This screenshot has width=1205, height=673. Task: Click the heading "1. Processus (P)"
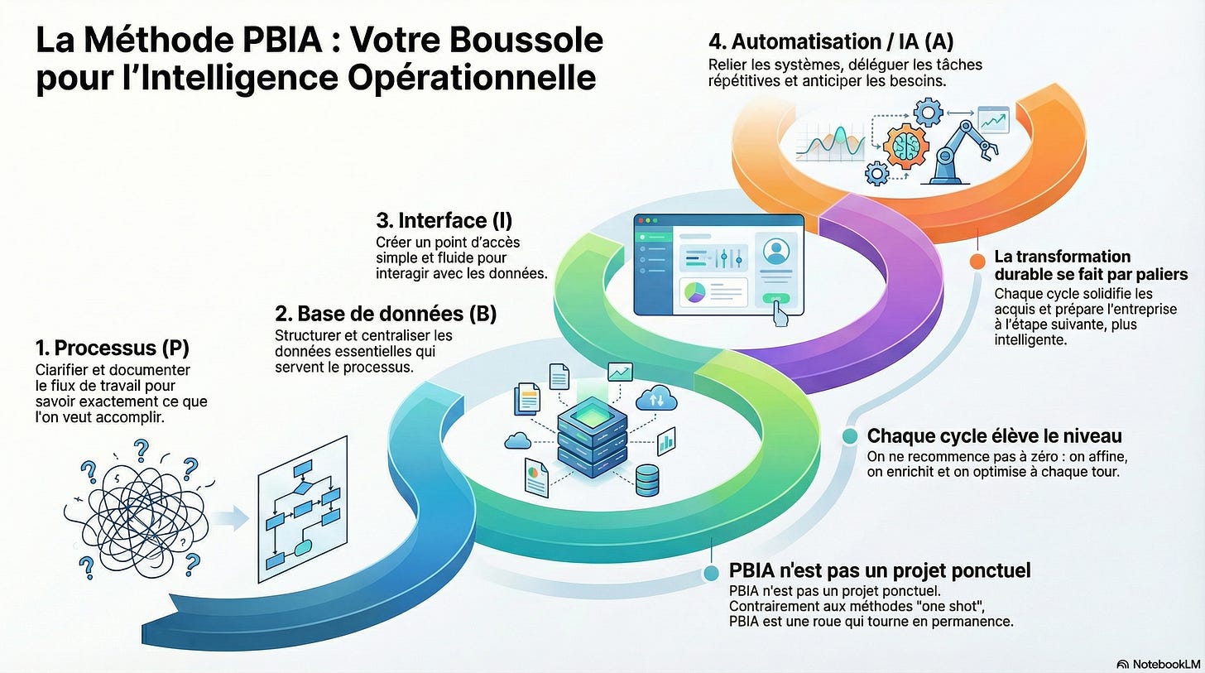click(x=113, y=348)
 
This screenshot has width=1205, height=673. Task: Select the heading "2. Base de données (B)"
click(x=386, y=314)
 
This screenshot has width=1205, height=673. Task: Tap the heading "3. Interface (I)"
click(x=444, y=220)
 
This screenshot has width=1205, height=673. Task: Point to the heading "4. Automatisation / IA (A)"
click(x=831, y=41)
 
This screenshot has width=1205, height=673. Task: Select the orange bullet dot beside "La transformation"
click(x=977, y=262)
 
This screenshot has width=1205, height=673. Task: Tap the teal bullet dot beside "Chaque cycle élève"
click(x=850, y=436)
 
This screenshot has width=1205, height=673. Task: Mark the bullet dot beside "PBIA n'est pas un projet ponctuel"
click(x=711, y=574)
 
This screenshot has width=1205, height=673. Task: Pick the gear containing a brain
click(x=906, y=146)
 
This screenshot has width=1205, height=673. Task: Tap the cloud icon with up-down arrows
click(x=656, y=399)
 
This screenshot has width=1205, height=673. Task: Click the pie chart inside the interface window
click(x=694, y=292)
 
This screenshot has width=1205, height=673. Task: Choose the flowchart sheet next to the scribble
click(x=302, y=509)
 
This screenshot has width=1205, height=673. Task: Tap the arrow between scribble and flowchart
click(x=232, y=517)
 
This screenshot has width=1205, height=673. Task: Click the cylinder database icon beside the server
click(x=647, y=480)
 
